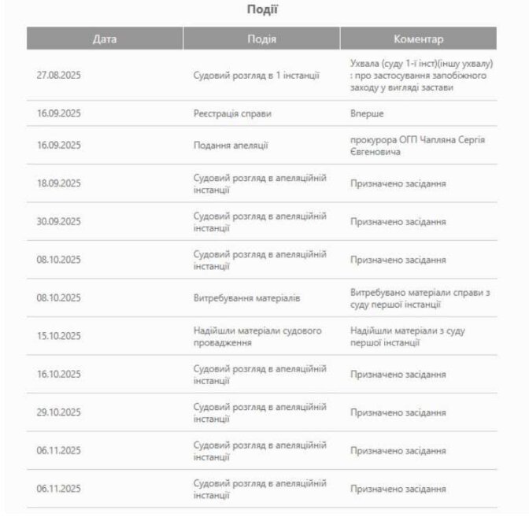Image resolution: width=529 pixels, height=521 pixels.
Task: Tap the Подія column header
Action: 261,39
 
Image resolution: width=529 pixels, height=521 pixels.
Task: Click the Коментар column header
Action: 418,39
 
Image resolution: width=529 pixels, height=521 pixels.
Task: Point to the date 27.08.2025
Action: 59,76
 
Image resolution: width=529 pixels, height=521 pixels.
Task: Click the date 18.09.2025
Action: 59,183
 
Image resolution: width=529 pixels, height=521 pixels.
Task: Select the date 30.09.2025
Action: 59,222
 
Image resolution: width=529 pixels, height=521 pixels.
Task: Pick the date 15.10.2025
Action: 59,337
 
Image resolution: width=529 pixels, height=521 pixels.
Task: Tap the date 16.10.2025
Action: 59,375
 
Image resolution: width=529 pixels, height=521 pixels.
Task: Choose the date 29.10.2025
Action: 59,412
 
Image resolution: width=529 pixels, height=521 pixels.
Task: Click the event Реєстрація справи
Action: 232,113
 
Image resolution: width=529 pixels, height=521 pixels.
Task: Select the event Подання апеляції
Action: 231,145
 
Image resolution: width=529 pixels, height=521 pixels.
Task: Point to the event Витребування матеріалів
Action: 246,298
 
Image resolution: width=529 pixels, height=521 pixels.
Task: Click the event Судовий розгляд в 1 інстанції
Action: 257,76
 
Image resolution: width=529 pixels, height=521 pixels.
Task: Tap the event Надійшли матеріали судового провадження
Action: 257,337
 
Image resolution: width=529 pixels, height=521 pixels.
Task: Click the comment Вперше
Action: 367,113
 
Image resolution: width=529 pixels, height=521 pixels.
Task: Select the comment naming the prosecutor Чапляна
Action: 417,145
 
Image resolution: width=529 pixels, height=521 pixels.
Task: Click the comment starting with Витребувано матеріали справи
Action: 420,298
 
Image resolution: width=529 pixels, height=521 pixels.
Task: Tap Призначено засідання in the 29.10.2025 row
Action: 398,412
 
